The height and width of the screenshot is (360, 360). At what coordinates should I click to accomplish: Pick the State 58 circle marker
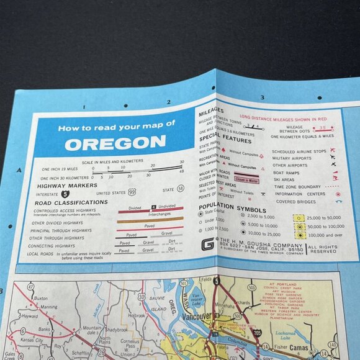(x=181, y=188)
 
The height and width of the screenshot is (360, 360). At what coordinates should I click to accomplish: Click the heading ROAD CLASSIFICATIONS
(x=72, y=202)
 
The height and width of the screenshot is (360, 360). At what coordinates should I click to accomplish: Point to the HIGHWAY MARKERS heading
(x=67, y=185)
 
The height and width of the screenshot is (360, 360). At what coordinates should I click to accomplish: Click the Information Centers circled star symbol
(x=339, y=194)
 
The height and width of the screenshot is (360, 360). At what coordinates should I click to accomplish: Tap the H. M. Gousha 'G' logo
(x=208, y=243)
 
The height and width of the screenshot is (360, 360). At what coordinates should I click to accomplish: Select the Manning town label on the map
(x=48, y=307)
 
